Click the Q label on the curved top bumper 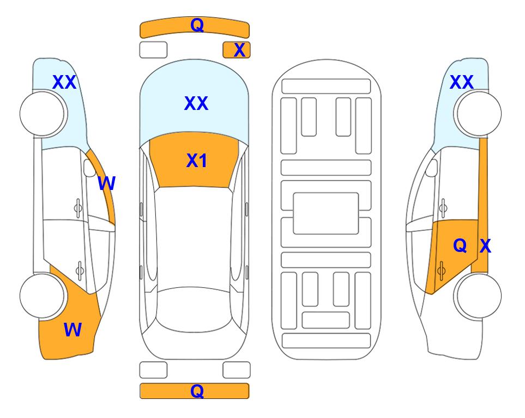(197, 25)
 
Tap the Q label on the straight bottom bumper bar (197, 391)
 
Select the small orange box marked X (237, 50)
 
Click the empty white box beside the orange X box (153, 50)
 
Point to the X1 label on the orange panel (197, 161)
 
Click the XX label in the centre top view (196, 103)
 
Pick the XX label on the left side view (64, 82)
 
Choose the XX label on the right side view (462, 82)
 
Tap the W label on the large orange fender (73, 330)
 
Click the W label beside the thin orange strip (106, 183)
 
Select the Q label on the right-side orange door (460, 246)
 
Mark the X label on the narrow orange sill (485, 246)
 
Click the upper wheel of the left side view (42, 114)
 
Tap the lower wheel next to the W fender (42, 296)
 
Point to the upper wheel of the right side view (479, 114)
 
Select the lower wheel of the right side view (479, 296)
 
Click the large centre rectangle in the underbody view (326, 213)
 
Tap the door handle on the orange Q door (441, 270)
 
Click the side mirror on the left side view (89, 168)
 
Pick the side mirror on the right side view (431, 168)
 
